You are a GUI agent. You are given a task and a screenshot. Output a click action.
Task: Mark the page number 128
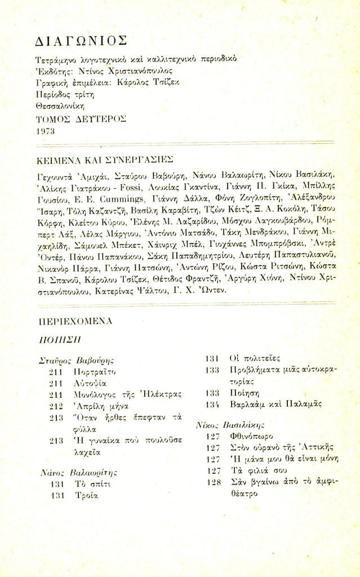212,482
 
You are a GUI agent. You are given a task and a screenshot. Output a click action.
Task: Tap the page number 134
212,405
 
